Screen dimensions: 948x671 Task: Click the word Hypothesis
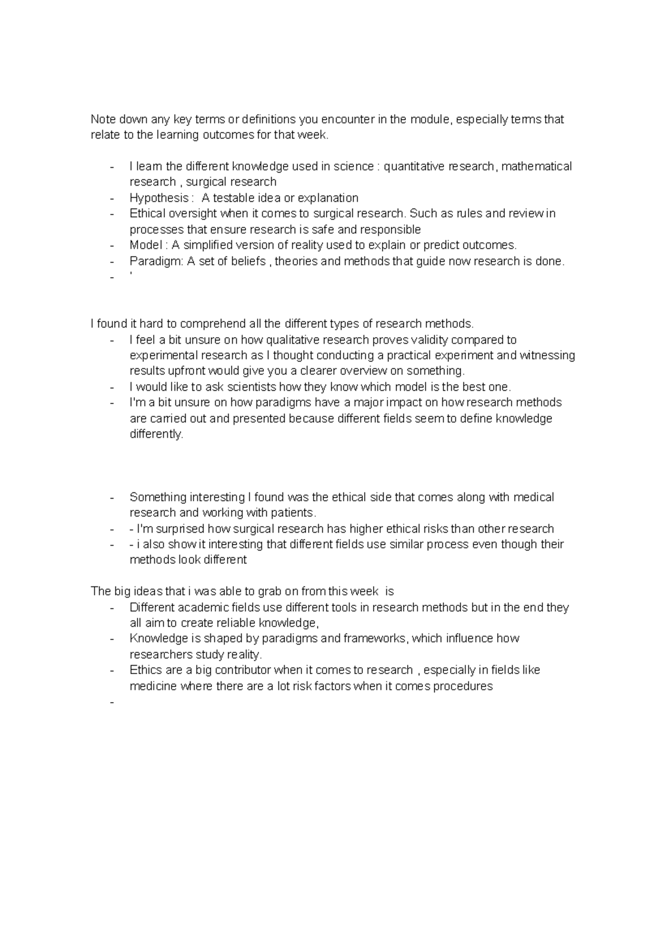[x=159, y=198]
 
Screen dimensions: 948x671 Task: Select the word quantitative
[x=413, y=167]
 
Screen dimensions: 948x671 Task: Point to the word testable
[x=234, y=198]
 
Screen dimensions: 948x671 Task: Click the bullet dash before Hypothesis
[x=113, y=198]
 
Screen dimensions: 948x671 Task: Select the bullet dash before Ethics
[x=113, y=670]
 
